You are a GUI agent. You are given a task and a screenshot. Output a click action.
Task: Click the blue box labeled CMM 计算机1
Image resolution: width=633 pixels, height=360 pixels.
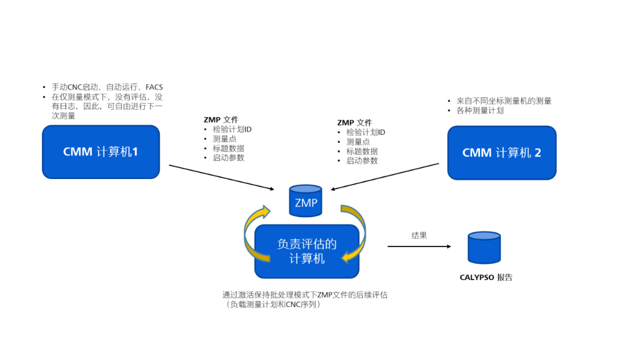click(x=101, y=152)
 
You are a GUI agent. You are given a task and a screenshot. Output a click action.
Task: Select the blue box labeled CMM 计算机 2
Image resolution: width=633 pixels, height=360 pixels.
click(x=502, y=153)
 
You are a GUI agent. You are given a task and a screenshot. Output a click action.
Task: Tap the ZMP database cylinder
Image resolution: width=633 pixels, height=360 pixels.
click(x=306, y=200)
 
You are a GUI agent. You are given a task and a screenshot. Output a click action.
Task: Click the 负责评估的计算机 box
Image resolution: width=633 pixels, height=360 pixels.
click(x=307, y=251)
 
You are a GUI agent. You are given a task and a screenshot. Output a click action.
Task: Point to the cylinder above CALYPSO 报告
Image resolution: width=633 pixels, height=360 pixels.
click(x=484, y=248)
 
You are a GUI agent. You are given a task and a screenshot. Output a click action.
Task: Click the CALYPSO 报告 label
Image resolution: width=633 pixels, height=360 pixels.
click(x=486, y=277)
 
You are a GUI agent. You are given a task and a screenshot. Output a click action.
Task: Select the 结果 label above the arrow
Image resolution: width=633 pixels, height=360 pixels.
click(x=419, y=235)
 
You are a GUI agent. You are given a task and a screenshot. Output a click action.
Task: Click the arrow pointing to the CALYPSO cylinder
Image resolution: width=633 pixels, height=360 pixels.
click(x=419, y=246)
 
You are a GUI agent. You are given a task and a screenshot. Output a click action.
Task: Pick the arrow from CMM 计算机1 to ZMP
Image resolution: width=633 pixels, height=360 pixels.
click(x=222, y=177)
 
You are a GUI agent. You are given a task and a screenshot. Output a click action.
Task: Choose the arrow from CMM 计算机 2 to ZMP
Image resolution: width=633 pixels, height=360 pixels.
click(x=385, y=177)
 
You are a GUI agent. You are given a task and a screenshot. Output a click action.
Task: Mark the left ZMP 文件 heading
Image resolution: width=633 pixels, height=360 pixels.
click(x=221, y=119)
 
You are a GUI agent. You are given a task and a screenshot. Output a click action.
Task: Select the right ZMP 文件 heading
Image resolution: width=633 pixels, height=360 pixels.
click(x=355, y=122)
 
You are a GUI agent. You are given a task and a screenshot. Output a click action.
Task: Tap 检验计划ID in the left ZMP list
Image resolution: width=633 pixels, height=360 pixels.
click(x=232, y=129)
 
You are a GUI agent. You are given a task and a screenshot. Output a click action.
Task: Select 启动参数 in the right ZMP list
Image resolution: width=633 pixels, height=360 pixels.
click(x=361, y=160)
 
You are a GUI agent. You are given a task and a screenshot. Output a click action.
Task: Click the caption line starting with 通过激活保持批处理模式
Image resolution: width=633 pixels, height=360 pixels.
click(x=305, y=295)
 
